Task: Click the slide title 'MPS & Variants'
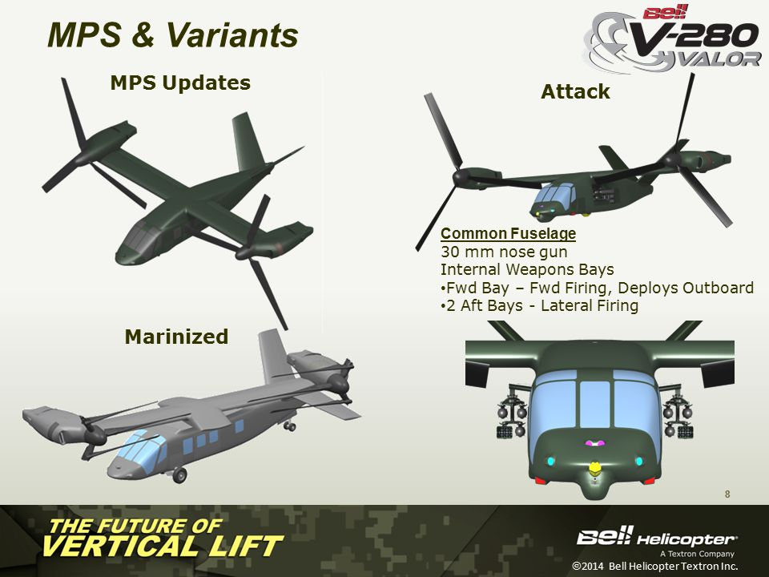pos(173,34)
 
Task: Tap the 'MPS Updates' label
pos(180,83)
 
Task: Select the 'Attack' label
pos(575,91)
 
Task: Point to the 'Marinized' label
pos(176,337)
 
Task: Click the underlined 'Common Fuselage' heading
pos(508,233)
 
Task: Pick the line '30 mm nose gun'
pos(504,252)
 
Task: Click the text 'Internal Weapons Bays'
pos(527,269)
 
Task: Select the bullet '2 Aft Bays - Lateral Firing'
pos(539,305)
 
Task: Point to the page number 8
pos(727,494)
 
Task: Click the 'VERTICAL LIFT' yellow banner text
pos(162,547)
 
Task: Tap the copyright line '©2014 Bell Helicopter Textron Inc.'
pos(654,566)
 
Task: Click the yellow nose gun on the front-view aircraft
pos(594,468)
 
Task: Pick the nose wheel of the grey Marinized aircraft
pos(179,474)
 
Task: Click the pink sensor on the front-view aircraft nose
pos(594,443)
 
